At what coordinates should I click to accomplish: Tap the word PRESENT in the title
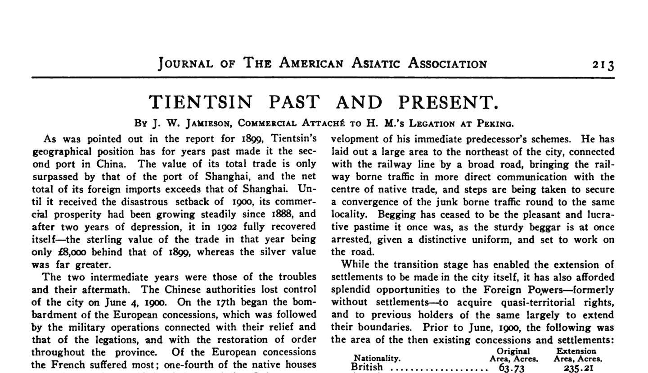click(x=448, y=102)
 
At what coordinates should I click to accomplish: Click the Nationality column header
click(x=377, y=359)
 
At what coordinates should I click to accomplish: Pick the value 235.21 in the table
click(x=578, y=368)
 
